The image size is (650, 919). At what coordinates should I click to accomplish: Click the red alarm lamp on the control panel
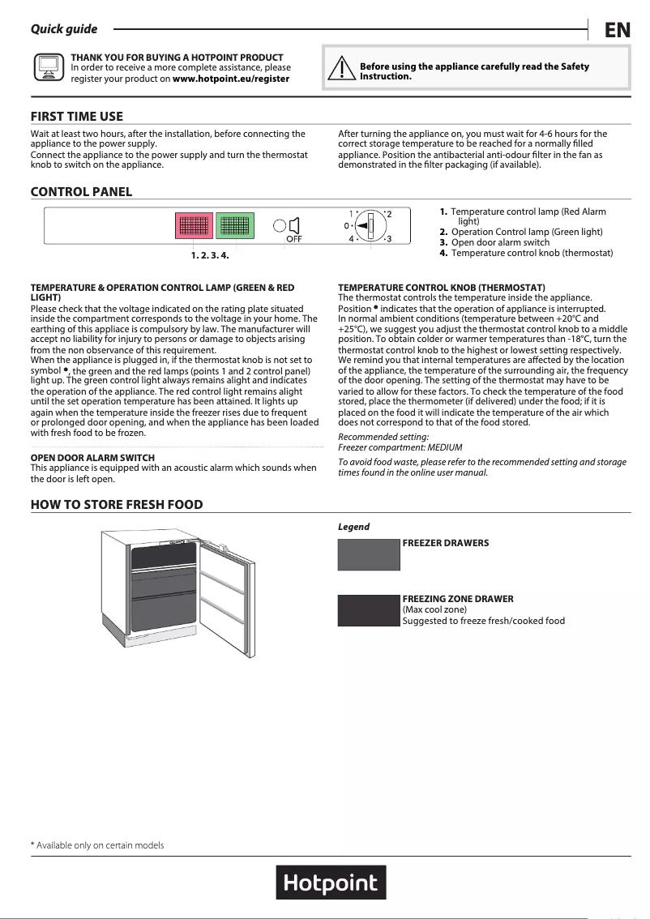pos(195,226)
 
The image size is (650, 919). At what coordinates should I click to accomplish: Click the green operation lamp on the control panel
pos(235,226)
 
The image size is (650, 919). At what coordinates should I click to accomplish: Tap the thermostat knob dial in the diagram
pos(370,226)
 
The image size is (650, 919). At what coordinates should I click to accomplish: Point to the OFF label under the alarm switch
pos(293,240)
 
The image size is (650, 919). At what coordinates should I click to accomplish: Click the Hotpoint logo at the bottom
pos(331,883)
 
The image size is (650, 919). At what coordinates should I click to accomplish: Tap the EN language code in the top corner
pos(618,30)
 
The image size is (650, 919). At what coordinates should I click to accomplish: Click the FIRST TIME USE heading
pos(77,117)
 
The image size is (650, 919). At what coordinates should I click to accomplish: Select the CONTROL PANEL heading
pos(81,192)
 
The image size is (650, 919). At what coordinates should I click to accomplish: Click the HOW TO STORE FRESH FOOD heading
pos(117,505)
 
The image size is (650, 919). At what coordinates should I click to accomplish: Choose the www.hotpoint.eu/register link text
pos(231,79)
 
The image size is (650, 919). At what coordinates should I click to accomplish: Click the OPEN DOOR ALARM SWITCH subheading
pos(92,458)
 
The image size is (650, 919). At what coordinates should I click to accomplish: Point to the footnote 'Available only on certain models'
pos(97,845)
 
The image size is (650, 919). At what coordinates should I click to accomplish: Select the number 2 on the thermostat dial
pos(389,214)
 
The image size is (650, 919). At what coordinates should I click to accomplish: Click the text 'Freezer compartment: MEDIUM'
pos(389,447)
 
